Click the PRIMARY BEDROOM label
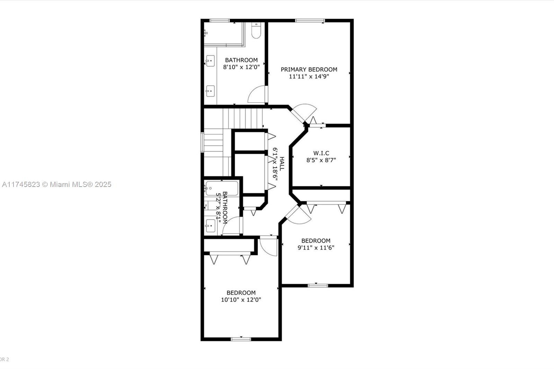[309, 69]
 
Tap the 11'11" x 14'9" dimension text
[309, 76]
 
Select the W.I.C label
[321, 153]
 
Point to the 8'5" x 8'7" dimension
[321, 160]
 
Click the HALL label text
[282, 163]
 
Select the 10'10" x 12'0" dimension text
[241, 300]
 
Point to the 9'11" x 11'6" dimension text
[316, 248]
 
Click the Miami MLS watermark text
[57, 184]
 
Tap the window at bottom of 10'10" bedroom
[241, 339]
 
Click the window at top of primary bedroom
[310, 20]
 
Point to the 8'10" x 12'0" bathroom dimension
[241, 67]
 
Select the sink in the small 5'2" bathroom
[210, 226]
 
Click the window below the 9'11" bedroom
[318, 286]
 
